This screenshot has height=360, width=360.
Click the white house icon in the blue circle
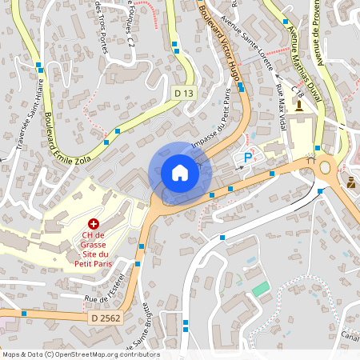point(179,173)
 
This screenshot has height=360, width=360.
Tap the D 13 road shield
point(184,94)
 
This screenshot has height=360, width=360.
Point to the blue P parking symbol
point(247,158)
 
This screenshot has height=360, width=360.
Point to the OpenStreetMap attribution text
point(80,354)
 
